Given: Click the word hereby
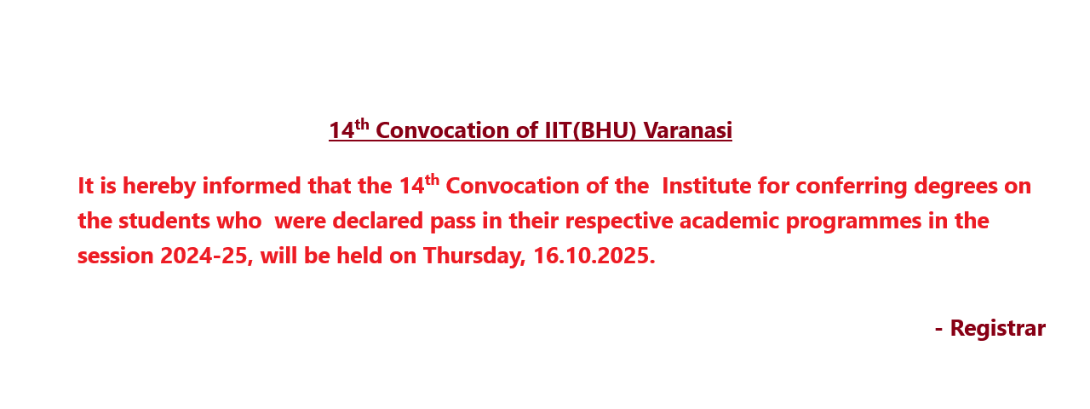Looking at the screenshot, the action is pos(159,187).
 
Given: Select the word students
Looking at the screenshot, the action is pos(164,221).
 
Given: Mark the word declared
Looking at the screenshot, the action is pos(377,221).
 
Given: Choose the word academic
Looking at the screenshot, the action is pos(729,221).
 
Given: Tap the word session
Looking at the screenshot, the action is pos(115,256).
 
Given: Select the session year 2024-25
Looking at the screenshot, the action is pos(206,256).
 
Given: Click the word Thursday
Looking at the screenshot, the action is pos(474,256).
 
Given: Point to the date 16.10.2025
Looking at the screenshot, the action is pos(594,256).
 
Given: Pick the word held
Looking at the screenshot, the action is pos(359,256).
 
